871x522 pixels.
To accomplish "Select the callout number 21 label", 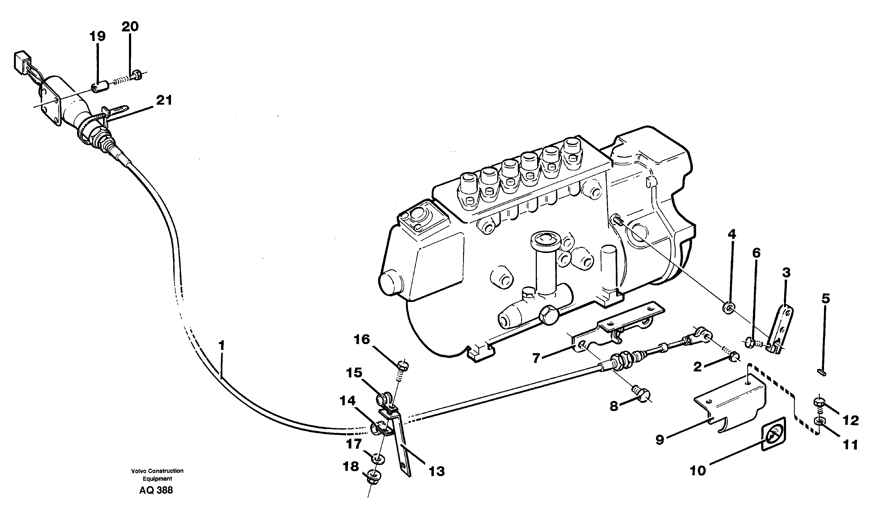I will [x=164, y=101].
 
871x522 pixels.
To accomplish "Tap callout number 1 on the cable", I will [x=221, y=345].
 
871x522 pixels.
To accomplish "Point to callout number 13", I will [x=436, y=471].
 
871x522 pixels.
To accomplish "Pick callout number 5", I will [x=825, y=299].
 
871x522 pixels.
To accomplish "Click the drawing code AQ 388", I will [x=156, y=490].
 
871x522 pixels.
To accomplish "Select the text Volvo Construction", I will [x=157, y=471].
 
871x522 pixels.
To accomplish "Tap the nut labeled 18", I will [x=373, y=476].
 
